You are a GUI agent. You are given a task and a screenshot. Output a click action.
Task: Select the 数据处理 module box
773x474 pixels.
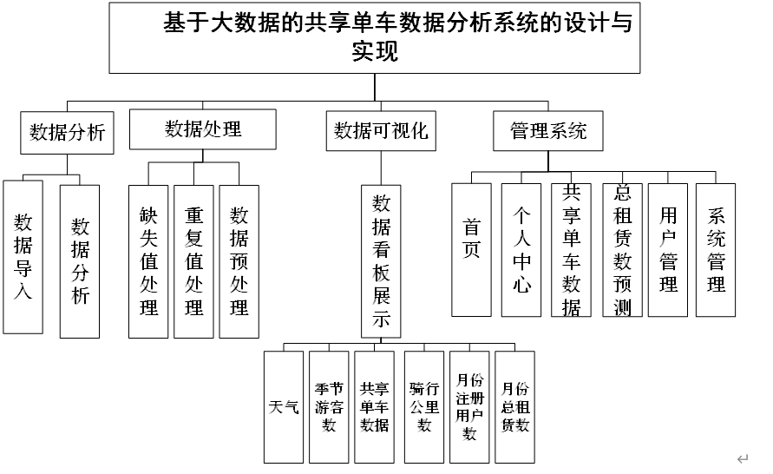pos(203,129)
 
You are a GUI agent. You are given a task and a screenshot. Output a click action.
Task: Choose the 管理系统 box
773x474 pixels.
pos(548,131)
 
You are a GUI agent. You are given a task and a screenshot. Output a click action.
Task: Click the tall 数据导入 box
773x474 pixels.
pos(23,257)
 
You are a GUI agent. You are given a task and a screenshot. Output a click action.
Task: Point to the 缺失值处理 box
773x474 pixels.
pos(148,261)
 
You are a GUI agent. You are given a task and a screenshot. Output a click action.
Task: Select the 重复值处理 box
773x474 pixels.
pos(193,261)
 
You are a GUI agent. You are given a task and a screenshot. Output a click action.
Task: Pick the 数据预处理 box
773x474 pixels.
pos(239,261)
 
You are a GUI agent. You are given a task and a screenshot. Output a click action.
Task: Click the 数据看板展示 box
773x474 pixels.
pos(382,260)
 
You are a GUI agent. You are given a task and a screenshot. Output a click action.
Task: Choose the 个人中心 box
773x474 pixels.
pos(521,250)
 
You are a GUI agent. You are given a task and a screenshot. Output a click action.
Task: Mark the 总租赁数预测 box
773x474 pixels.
pos(622,250)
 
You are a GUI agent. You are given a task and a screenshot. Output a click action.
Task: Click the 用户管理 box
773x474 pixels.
pos(668,250)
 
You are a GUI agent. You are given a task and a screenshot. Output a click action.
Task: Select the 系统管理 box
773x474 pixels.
pos(716,250)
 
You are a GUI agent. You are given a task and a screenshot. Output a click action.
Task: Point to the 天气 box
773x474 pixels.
pos(284,406)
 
